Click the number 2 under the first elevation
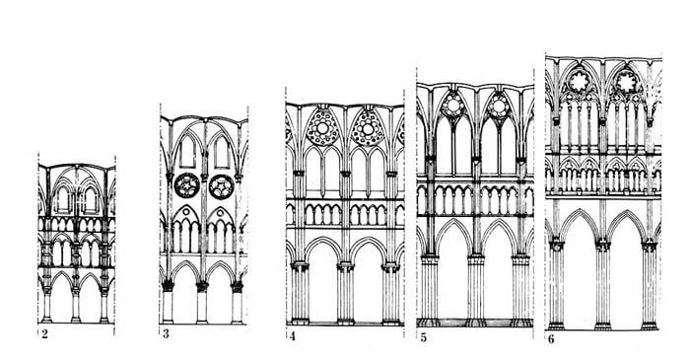pyautogui.click(x=44, y=334)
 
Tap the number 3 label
pyautogui.click(x=166, y=334)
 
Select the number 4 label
pyautogui.click(x=293, y=337)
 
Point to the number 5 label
pyautogui.click(x=423, y=338)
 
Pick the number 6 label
pyautogui.click(x=551, y=339)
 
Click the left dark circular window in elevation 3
pyautogui.click(x=187, y=185)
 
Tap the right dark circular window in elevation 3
pyautogui.click(x=221, y=186)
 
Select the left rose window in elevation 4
pyautogui.click(x=322, y=127)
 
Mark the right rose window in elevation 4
pyautogui.click(x=368, y=128)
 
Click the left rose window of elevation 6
pyautogui.click(x=580, y=82)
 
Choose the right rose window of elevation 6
pyautogui.click(x=627, y=82)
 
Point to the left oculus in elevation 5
pyautogui.click(x=452, y=106)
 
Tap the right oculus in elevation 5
pyautogui.click(x=499, y=107)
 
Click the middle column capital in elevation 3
pyautogui.click(x=202, y=286)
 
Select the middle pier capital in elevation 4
pyautogui.click(x=345, y=266)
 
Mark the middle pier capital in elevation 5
pyautogui.click(x=476, y=259)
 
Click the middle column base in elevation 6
pyautogui.click(x=602, y=326)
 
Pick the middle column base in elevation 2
pyautogui.click(x=76, y=320)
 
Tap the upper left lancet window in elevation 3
pyautogui.click(x=187, y=152)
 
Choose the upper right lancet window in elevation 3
pyautogui.click(x=222, y=152)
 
